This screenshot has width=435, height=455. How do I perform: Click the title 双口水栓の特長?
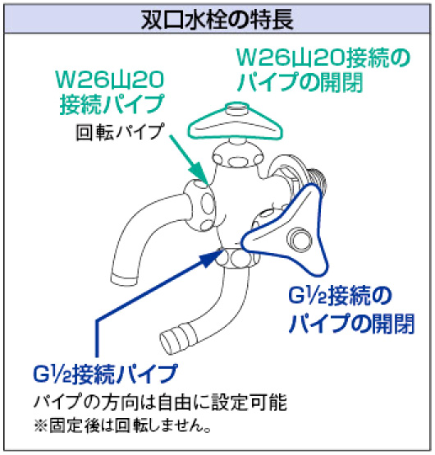[x=217, y=19]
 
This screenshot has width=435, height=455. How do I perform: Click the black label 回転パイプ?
[x=120, y=131]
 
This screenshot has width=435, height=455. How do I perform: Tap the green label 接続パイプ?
[x=112, y=104]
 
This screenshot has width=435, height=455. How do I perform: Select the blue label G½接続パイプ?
[x=105, y=374]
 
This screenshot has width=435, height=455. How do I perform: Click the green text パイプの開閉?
[x=300, y=82]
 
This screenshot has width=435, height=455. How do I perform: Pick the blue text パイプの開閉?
[x=351, y=323]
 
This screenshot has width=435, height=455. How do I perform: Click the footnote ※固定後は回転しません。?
[x=122, y=425]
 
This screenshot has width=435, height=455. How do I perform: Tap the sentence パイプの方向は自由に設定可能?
[x=160, y=402]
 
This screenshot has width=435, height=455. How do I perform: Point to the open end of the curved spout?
[x=124, y=279]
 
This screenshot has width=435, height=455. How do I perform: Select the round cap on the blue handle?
[x=300, y=240]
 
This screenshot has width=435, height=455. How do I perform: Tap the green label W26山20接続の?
[x=323, y=57]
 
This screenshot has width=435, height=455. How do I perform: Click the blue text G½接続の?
[x=340, y=296]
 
